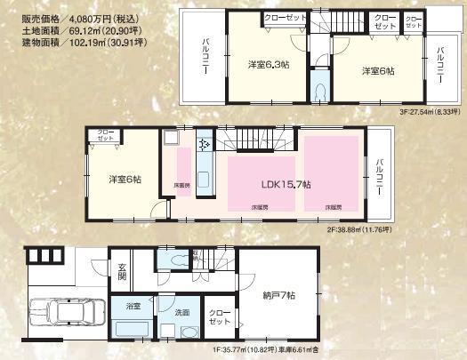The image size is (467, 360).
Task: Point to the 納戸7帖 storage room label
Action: tap(278, 294)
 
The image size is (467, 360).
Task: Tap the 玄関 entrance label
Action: tap(122, 269)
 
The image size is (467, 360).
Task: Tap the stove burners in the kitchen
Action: tap(204, 142)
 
